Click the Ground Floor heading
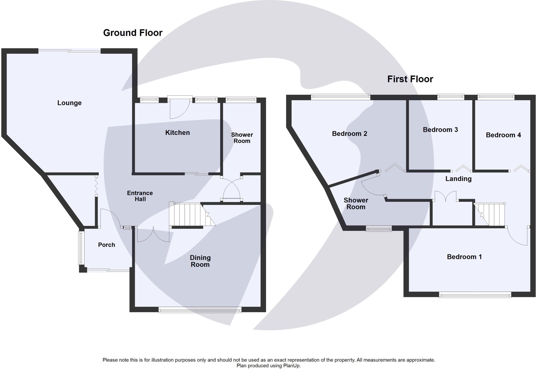tap(133, 33)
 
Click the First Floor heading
tap(410, 79)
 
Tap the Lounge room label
tap(69, 103)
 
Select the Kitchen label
tap(178, 133)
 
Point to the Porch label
tap(106, 245)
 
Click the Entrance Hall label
tap(140, 196)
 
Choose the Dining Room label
tap(200, 261)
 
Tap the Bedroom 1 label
tap(464, 257)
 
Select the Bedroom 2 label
tap(350, 134)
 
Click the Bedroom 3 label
tap(440, 130)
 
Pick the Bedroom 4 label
tap(503, 135)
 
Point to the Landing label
tap(459, 179)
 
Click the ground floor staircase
tap(192, 215)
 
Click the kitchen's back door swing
tap(180, 108)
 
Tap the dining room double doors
tap(153, 235)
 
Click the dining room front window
tap(200, 310)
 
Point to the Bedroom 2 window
tap(341, 97)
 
